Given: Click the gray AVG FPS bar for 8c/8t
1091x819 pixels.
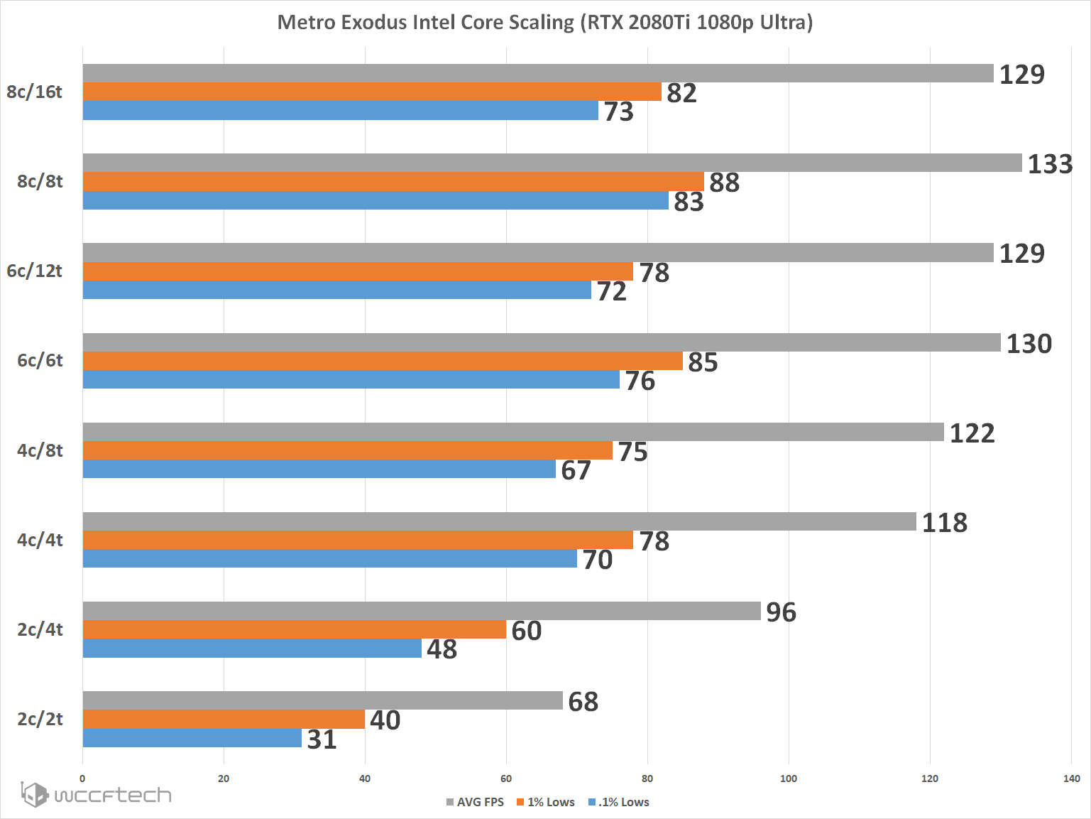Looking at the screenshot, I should tap(552, 163).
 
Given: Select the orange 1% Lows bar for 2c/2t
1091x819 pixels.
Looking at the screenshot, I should tap(224, 719).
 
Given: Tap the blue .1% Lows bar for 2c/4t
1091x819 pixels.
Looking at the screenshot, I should tap(252, 649).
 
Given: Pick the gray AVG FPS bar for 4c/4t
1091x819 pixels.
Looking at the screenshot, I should tap(499, 521).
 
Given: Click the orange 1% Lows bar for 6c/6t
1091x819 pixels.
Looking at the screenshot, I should tap(383, 361).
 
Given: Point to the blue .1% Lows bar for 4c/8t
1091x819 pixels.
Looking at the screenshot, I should tap(319, 469).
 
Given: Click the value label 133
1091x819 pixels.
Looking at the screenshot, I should tap(1050, 164).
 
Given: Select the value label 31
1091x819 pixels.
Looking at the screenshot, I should tap(322, 739).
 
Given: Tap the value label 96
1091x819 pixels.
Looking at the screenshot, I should tap(781, 612).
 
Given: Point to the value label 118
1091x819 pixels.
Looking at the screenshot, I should tap(944, 523).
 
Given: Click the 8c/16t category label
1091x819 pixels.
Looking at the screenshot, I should tap(34, 92).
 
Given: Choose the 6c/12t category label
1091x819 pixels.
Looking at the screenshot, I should tap(34, 271).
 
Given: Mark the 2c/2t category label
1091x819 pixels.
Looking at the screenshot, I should tap(40, 719).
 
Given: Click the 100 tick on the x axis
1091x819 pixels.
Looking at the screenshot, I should tap(788, 779).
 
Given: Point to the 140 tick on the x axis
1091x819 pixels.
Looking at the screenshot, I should tap(1071, 779).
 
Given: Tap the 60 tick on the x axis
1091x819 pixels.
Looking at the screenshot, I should tap(506, 779).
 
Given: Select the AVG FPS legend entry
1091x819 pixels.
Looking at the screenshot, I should tap(476, 802).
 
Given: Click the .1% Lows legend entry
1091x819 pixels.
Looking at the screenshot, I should tap(619, 802).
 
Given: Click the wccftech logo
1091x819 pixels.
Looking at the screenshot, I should tap(96, 794).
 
